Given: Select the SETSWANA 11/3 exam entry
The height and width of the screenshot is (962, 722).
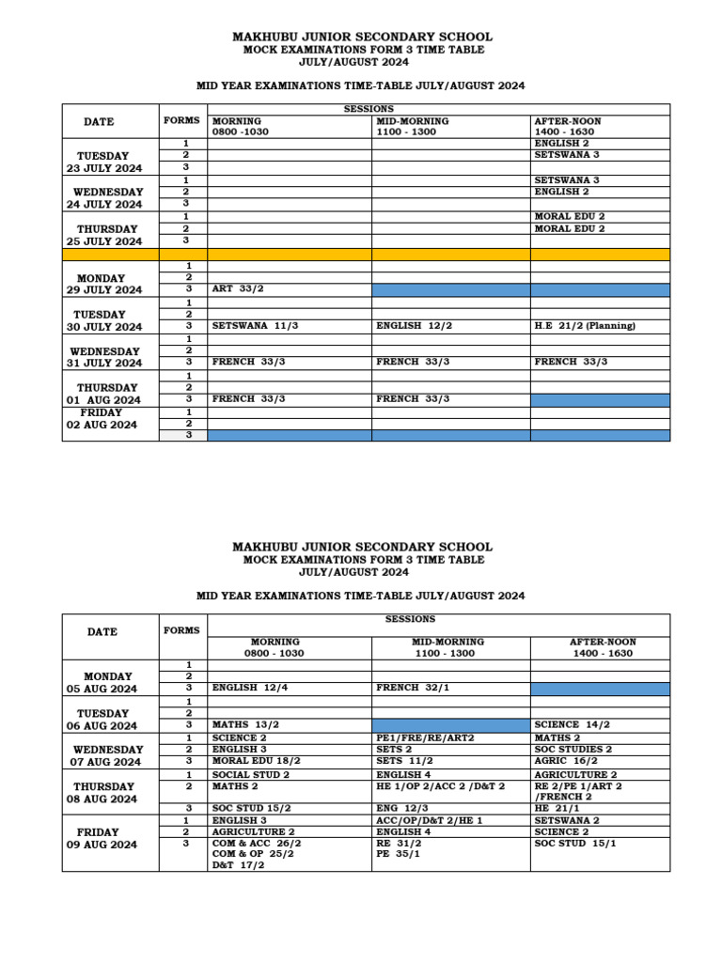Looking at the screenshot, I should point(248,326).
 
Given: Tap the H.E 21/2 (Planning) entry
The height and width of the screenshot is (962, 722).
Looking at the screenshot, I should point(585,326).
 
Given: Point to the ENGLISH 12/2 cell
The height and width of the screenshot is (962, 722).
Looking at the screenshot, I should point(414,326).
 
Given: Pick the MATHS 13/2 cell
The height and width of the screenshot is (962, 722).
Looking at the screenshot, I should point(245,724).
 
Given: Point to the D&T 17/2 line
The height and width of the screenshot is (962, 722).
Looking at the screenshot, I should point(239,865).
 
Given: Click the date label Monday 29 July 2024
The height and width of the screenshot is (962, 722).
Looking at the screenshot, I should point(102,284).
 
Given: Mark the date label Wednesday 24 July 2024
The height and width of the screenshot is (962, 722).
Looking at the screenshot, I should point(103,197).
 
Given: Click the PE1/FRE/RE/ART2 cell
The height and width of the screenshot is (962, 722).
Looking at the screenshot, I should point(425,737).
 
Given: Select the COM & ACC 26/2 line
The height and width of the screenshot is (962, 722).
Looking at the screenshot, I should point(257,843).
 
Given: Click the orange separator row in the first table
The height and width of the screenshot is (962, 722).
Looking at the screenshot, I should point(367,255).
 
